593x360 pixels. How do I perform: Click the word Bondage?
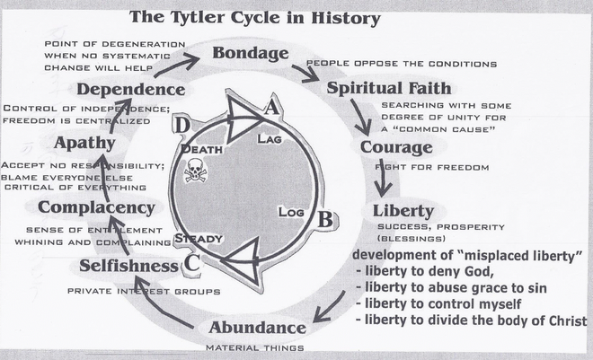250,53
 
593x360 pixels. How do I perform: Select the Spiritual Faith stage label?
382,88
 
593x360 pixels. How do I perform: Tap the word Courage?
390,146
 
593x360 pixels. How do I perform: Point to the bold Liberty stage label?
403,211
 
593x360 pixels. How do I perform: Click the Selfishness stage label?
128,266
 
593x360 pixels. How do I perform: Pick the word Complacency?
96,208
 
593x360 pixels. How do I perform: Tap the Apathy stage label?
84,143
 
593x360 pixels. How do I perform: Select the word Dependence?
131,90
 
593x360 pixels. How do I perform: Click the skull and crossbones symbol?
195,170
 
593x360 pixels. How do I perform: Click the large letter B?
327,218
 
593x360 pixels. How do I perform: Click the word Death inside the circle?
201,148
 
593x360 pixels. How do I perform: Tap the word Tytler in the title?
209,16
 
